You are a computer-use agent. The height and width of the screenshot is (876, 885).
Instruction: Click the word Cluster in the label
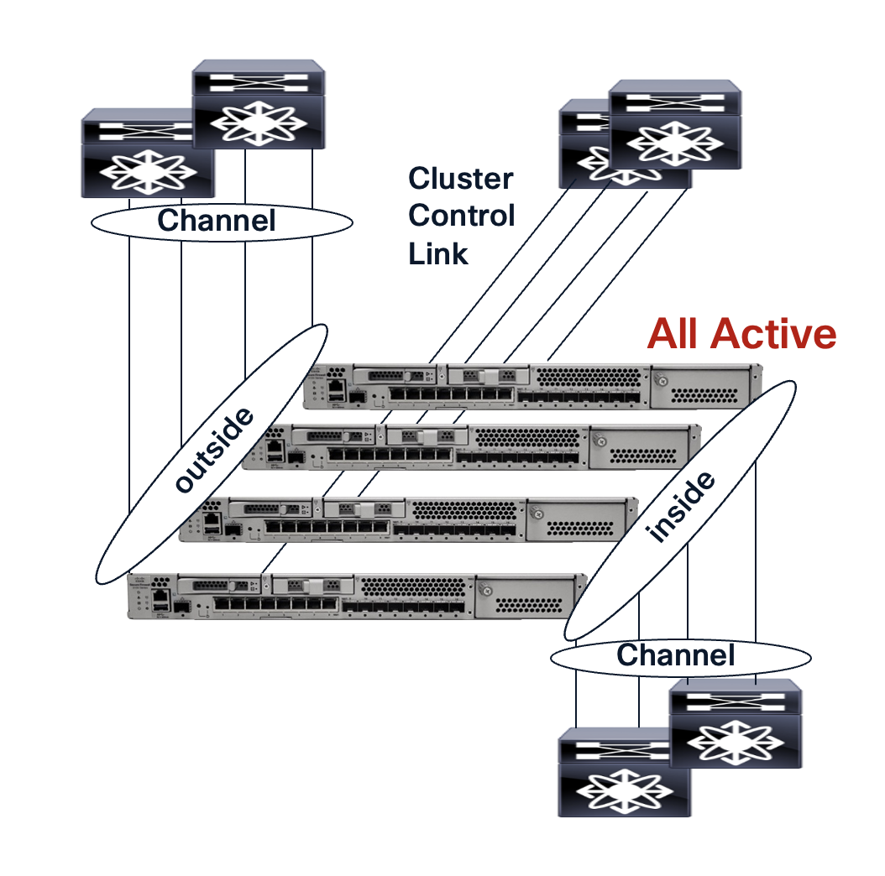tap(461, 179)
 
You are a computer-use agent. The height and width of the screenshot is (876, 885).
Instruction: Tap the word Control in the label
tap(462, 216)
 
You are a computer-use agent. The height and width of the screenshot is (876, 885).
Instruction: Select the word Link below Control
tap(438, 253)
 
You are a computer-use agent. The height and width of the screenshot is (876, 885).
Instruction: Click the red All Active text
tap(741, 334)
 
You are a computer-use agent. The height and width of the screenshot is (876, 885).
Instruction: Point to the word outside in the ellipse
tap(214, 450)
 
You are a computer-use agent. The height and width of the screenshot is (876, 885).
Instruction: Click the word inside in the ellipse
tap(681, 507)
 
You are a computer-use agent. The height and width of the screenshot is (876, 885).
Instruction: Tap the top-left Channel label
tap(216, 221)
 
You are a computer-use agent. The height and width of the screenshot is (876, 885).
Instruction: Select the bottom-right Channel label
tap(676, 654)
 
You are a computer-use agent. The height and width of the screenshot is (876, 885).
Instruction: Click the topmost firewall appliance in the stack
tap(532, 387)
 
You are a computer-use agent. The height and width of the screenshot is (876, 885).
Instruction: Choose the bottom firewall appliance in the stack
tap(357, 597)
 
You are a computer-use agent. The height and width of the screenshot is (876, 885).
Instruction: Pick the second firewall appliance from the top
tap(471, 446)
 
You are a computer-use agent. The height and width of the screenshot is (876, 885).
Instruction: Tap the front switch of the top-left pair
tap(147, 153)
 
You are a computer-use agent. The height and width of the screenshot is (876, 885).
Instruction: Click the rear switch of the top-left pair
tap(259, 104)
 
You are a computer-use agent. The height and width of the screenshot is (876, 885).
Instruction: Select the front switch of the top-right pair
tap(675, 124)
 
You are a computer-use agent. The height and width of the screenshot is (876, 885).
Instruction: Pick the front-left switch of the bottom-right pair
tap(624, 772)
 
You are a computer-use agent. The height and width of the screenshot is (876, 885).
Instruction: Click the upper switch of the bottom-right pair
tap(736, 723)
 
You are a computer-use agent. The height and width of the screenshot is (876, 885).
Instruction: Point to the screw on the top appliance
tap(661, 380)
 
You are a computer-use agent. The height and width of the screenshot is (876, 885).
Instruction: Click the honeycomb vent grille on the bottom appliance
tap(414, 587)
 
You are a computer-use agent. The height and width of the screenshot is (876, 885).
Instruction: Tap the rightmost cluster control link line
tap(617, 274)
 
